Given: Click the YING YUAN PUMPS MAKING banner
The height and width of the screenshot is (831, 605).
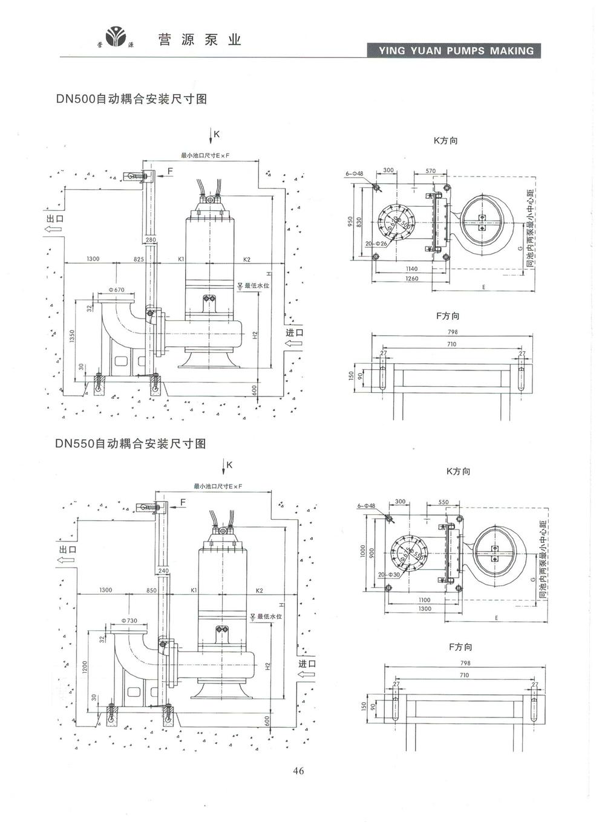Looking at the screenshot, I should pos(454,51).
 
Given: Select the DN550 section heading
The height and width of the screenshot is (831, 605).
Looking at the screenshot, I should pos(131,444).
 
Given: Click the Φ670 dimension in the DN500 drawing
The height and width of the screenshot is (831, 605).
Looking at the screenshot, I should pos(117,290).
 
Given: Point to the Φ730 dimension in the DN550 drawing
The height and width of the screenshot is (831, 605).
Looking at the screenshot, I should pos(129,621).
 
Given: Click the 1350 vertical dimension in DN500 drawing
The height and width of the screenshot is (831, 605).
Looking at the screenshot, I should pos(71,336).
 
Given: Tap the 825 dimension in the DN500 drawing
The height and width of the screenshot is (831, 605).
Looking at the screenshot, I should pos(139,259).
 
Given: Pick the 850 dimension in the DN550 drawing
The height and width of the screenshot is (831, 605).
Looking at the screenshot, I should pos(151,590).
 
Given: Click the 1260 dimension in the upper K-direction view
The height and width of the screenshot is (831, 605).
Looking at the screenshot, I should pos(411,279).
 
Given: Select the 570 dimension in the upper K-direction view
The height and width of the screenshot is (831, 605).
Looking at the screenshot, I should pos(430,171).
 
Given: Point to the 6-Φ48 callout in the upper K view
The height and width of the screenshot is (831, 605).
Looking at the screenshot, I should pos(355,173).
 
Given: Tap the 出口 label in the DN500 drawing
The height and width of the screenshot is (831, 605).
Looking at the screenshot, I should pos(54,218).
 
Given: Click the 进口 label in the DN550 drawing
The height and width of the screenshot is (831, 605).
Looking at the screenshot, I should pos(307,663).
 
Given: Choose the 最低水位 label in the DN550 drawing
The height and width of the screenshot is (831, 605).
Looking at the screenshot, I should pos(269,616).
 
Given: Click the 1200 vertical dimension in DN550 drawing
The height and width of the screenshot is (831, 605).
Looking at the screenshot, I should pos(85,667).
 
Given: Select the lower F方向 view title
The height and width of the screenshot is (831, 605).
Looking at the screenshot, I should pos(460,647).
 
